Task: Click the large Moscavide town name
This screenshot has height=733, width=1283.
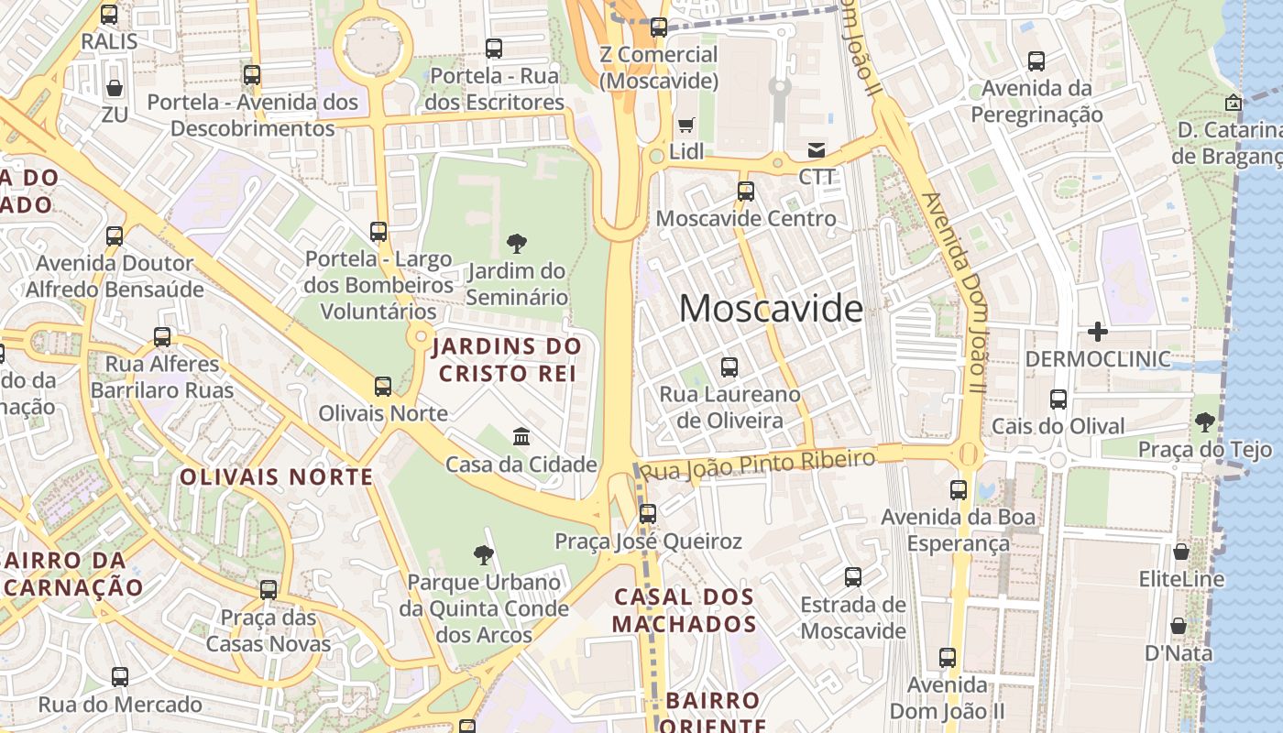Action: (771, 309)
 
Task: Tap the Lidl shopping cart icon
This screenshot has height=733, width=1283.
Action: (685, 125)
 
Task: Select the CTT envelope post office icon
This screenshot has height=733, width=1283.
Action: (816, 149)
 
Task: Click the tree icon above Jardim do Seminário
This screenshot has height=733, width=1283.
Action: (517, 244)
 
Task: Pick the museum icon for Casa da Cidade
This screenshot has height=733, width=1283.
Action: (521, 436)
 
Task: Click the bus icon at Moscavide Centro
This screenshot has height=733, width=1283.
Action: (746, 191)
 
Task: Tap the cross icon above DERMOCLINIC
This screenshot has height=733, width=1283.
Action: (1097, 331)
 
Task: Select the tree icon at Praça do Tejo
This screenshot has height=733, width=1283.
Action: (1205, 422)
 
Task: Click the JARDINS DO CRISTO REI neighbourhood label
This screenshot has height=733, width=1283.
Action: (507, 360)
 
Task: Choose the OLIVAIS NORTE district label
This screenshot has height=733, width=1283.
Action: (276, 476)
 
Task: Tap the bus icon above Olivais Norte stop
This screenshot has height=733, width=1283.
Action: (383, 387)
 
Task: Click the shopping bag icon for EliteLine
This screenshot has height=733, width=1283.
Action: (1181, 552)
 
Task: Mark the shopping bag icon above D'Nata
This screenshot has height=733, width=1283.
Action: (1179, 626)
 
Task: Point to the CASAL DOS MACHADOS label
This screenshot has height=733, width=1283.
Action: (684, 610)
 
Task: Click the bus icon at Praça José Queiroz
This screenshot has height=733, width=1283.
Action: (648, 513)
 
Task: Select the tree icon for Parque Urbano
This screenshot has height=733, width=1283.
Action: (484, 554)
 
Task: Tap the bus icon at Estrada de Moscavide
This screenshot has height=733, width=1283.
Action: (852, 576)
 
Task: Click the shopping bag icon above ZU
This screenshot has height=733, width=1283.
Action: (115, 88)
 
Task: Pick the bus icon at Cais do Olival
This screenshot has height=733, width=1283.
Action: (1058, 399)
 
